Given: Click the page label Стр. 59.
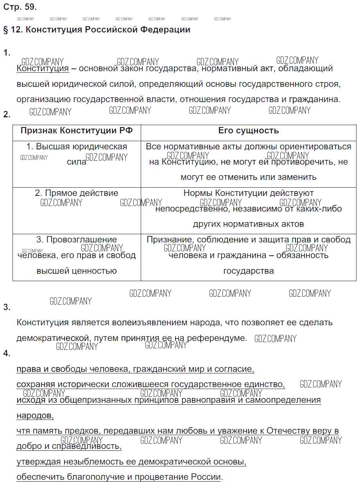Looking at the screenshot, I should click(20, 7).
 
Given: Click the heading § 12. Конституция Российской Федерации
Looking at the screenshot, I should click(97, 30).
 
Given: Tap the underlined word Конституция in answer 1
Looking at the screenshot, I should click(43, 68).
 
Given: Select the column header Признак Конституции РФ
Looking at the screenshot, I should click(77, 131).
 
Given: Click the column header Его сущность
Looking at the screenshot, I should click(248, 131).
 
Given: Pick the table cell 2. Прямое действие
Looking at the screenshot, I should click(77, 193).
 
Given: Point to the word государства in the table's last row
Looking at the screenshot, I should click(249, 271).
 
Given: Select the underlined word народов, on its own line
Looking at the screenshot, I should click(35, 415).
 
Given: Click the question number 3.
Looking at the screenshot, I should click(7, 307).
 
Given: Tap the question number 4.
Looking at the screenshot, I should click(7, 353).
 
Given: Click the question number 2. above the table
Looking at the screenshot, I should click(7, 115).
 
